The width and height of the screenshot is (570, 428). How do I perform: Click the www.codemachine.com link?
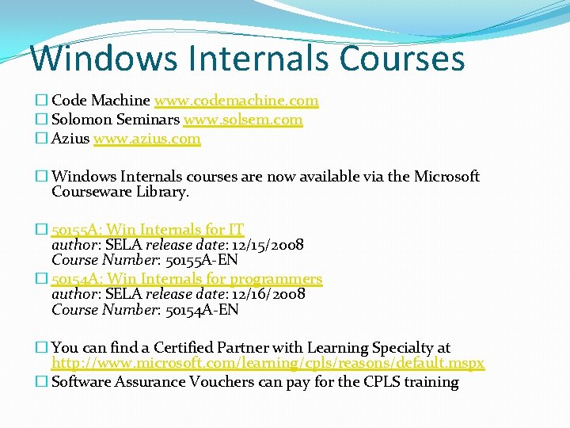[236, 101]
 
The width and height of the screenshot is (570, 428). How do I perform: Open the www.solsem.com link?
[242, 120]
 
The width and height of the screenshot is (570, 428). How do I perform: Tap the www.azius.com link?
[146, 139]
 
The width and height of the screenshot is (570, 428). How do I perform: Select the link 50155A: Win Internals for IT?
[147, 230]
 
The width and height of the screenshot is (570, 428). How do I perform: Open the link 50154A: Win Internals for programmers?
[187, 279]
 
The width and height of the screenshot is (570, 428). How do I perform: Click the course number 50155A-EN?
[202, 260]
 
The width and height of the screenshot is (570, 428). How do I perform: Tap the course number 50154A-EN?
[202, 309]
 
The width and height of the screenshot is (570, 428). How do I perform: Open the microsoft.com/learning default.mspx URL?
[268, 364]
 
